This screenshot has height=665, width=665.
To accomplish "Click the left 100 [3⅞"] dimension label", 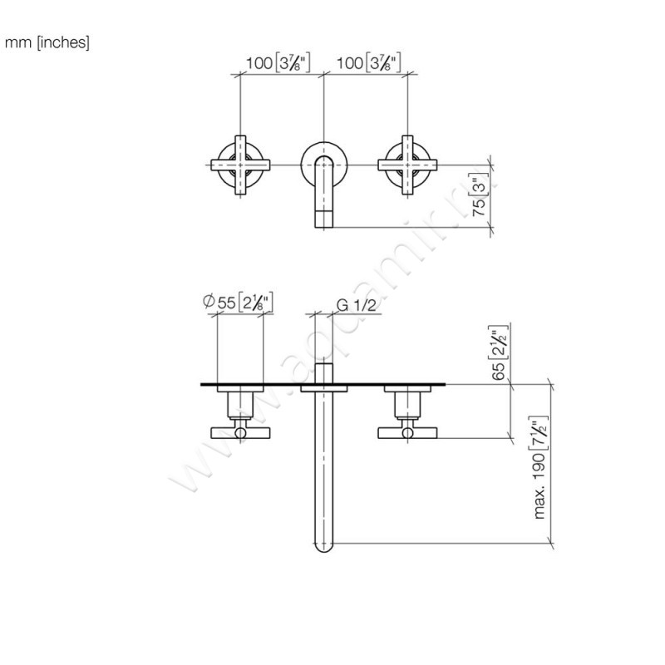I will point(278,62).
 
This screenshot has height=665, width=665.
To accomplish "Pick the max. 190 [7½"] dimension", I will point(542,465).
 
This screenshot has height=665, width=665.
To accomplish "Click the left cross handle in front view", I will point(240,165).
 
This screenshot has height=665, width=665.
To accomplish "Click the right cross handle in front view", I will point(407,165).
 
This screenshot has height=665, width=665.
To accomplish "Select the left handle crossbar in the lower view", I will point(240,431).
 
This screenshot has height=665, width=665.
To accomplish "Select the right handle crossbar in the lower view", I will point(407,431).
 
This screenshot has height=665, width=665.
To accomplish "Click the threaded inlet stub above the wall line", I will point(323,371).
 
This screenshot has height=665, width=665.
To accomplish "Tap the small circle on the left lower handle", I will point(240,432).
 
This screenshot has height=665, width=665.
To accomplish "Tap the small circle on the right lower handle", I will point(407,432).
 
